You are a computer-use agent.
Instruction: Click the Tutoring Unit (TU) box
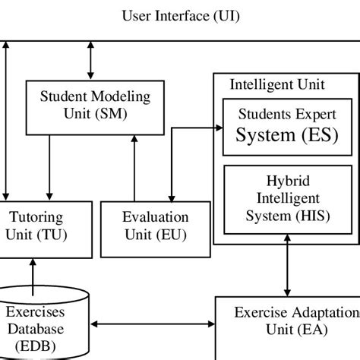[34, 226]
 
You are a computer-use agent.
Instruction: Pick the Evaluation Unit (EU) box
[155, 226]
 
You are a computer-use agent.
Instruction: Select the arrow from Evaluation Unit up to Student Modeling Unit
[134, 166]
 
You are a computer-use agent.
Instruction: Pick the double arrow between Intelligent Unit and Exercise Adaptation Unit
[287, 270]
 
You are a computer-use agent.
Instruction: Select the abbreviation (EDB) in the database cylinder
[36, 346]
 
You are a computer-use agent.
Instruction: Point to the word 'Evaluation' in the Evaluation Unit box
[155, 217]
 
